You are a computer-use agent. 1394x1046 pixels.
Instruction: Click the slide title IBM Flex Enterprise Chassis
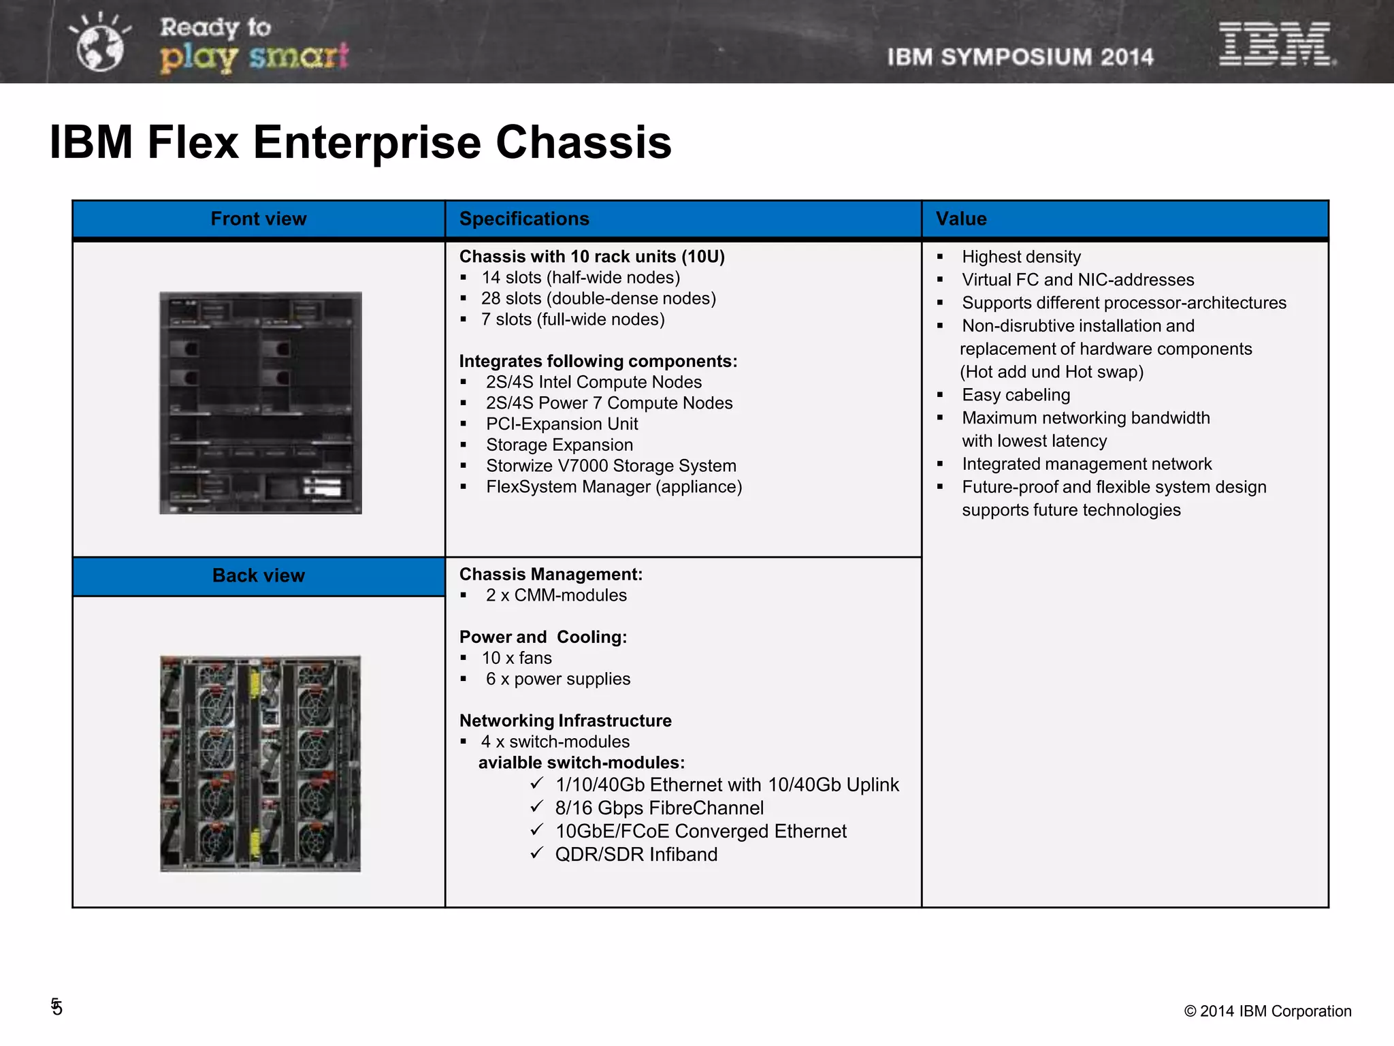click(360, 142)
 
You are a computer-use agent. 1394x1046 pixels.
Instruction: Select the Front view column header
click(259, 219)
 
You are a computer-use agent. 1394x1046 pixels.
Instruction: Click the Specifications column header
click(524, 219)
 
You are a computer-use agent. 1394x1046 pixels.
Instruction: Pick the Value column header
click(960, 219)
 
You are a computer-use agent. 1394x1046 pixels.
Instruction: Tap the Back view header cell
click(259, 575)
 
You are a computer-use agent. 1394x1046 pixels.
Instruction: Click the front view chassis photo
click(261, 402)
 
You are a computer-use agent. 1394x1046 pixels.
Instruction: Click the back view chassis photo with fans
click(261, 763)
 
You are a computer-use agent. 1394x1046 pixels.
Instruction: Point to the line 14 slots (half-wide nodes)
click(581, 278)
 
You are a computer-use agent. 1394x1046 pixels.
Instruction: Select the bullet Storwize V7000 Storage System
click(611, 466)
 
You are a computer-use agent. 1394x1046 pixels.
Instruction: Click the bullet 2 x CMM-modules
click(556, 595)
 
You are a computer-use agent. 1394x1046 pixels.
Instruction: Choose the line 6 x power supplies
click(558, 679)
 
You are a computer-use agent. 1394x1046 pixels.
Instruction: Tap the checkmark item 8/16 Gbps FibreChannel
click(659, 808)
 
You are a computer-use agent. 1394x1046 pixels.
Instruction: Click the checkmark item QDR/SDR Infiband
click(636, 855)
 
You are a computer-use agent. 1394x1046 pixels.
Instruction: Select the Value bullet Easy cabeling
click(1016, 395)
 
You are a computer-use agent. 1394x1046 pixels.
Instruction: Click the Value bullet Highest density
click(1021, 257)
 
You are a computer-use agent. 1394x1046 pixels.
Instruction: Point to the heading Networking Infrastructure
click(565, 720)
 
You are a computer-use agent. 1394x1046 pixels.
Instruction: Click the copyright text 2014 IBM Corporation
click(1267, 1011)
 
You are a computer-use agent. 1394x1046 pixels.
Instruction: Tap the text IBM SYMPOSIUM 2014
click(1020, 57)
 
